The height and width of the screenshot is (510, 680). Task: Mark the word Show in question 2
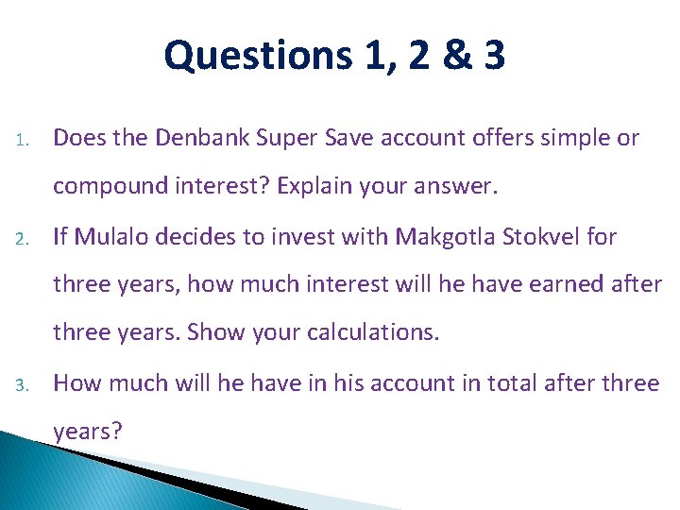pyautogui.click(x=217, y=333)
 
